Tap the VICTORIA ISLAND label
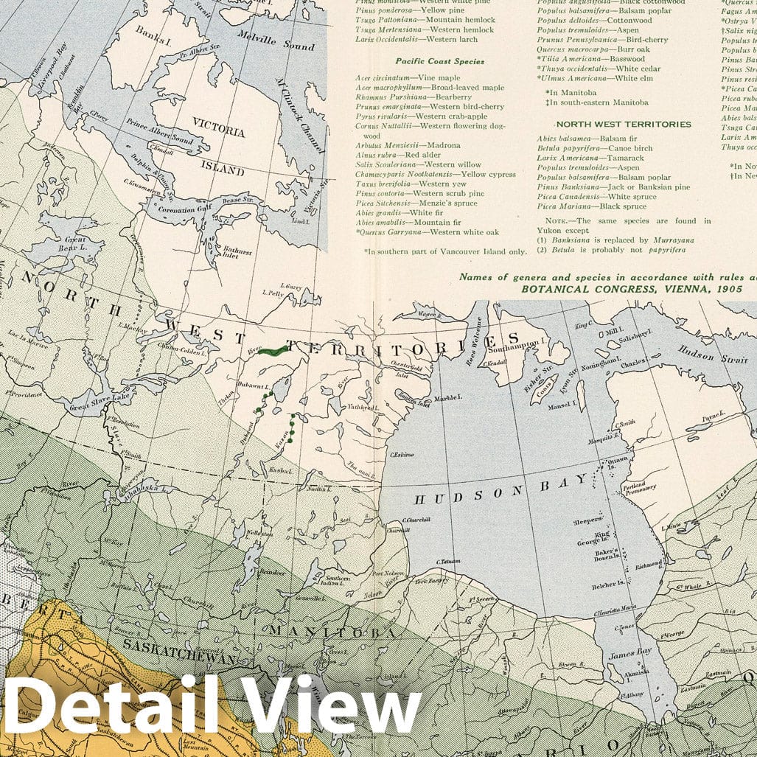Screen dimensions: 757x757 coord(219,147)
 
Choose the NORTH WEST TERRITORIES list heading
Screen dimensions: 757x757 coord(624,125)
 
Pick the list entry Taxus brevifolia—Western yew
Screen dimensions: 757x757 coord(411,184)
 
